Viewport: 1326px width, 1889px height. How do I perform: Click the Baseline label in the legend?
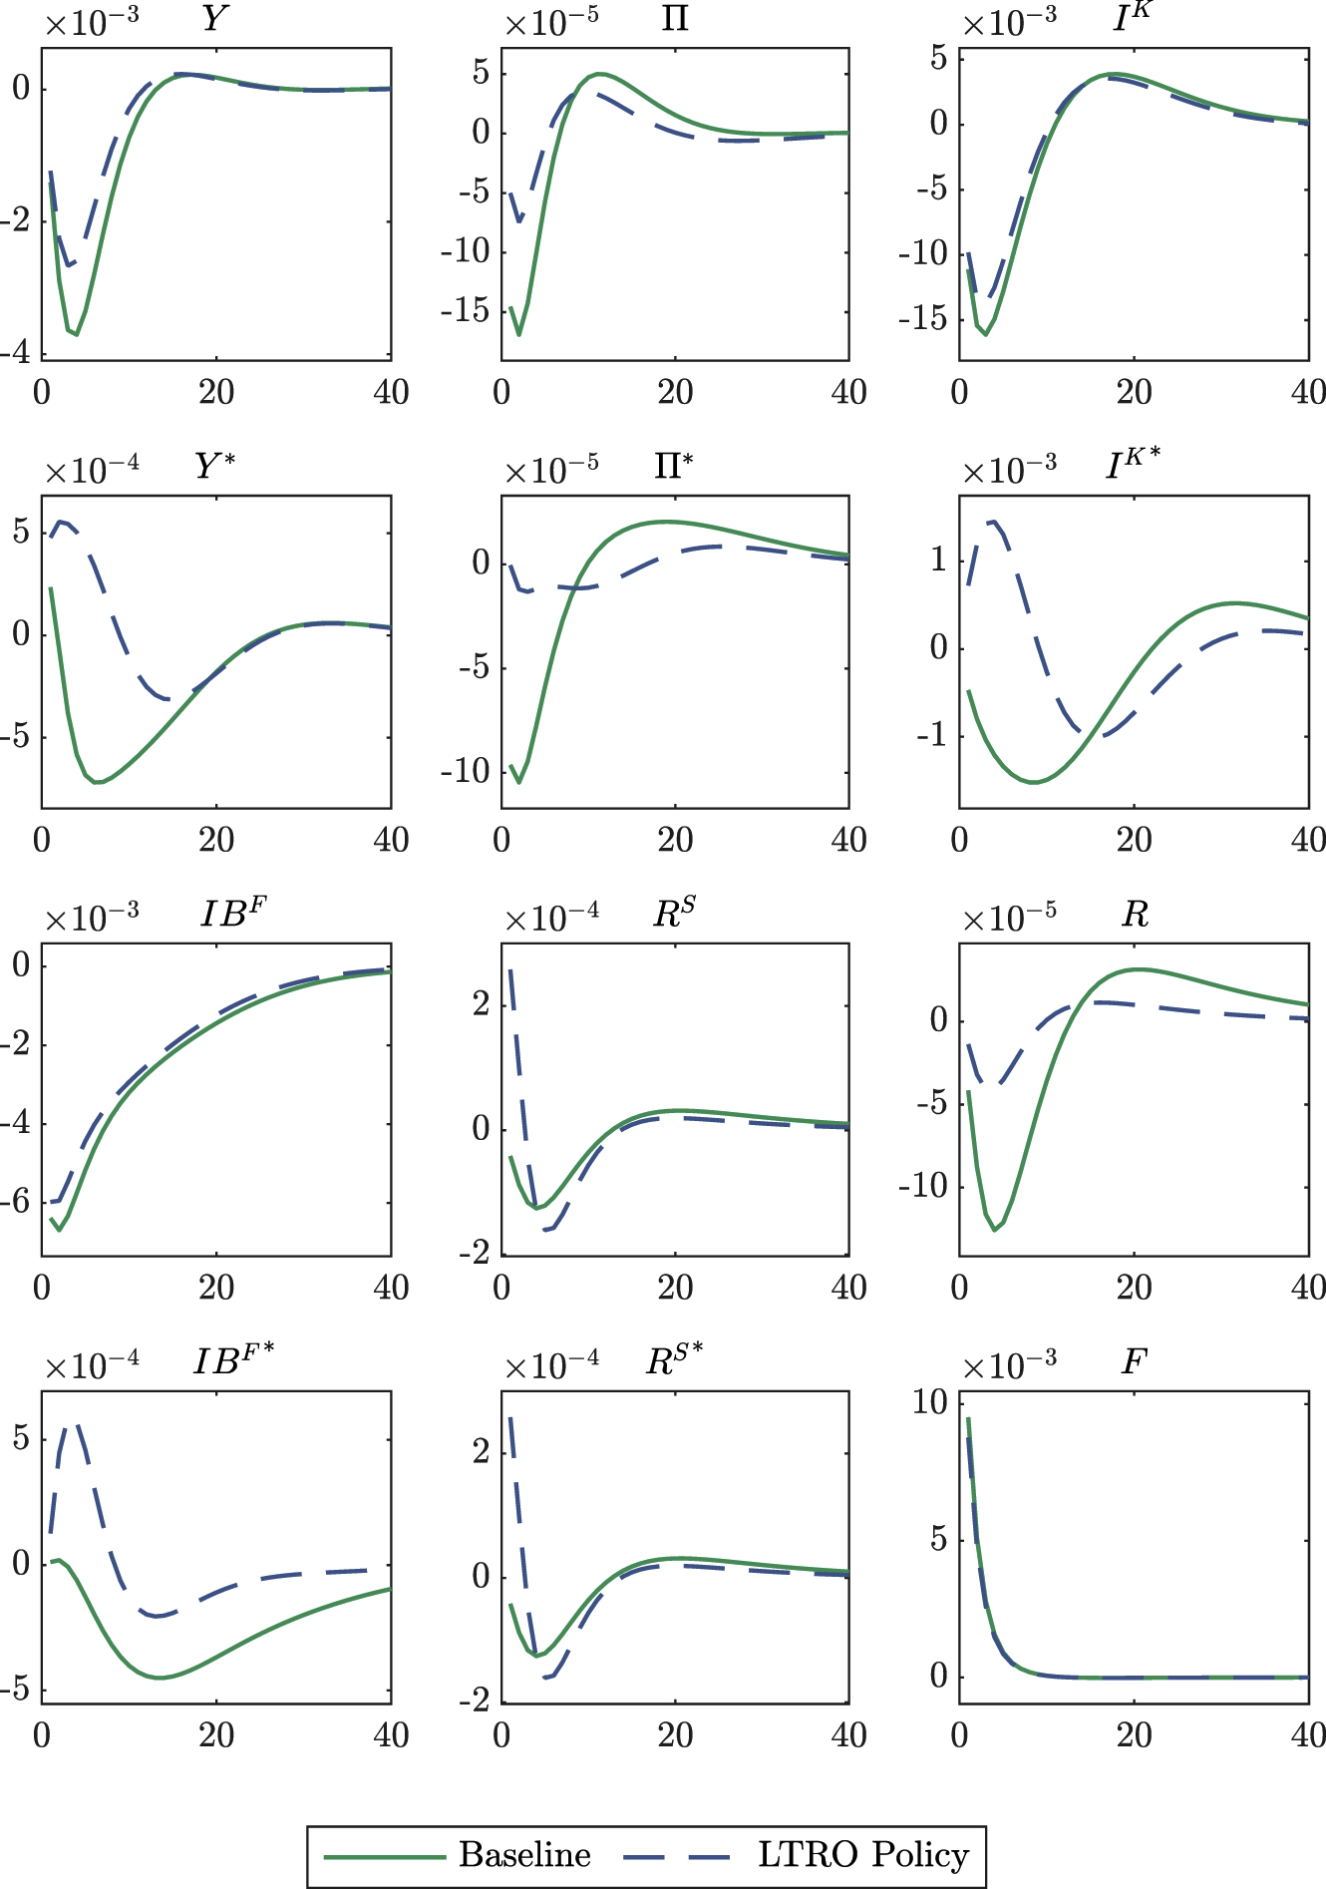(x=524, y=1855)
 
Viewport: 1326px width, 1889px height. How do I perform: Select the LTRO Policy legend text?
(x=863, y=1855)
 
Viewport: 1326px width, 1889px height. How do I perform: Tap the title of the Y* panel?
(x=214, y=466)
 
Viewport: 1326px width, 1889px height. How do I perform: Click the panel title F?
(x=1134, y=1361)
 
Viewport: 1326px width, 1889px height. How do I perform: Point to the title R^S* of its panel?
(x=674, y=1360)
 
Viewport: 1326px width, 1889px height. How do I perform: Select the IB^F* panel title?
(x=233, y=1360)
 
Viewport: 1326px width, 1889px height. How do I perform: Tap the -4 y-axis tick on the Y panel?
(x=21, y=353)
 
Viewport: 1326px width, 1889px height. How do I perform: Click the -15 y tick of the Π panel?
(x=466, y=311)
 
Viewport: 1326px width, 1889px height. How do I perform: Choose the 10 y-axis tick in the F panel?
(x=930, y=1402)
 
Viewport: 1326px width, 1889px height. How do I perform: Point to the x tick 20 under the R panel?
(x=1134, y=1288)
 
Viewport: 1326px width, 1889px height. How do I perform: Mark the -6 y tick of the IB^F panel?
(x=21, y=1202)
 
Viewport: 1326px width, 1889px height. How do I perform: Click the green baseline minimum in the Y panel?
(x=76, y=334)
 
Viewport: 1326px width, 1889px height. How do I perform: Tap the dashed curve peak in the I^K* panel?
(x=993, y=521)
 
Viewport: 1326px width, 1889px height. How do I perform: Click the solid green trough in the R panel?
(x=994, y=1230)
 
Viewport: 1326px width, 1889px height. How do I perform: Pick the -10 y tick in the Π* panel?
(x=466, y=771)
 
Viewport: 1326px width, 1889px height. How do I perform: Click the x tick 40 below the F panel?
(x=1307, y=1735)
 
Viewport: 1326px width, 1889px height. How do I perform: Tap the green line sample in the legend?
(x=385, y=1856)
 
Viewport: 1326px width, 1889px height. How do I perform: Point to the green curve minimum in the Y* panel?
(x=97, y=783)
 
